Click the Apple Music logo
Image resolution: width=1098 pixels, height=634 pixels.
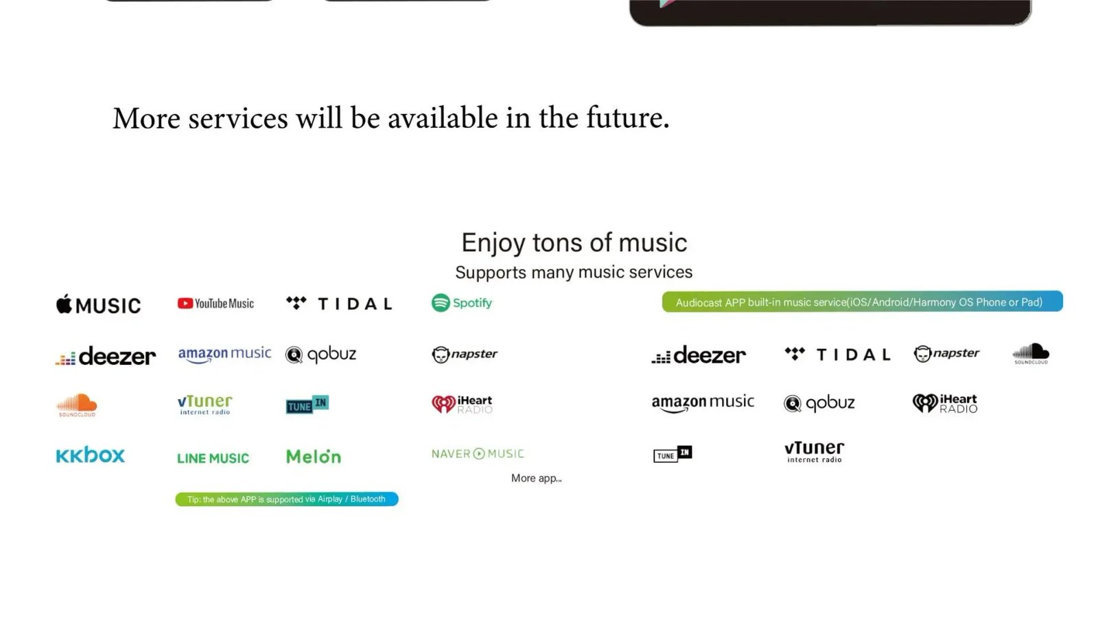point(98,305)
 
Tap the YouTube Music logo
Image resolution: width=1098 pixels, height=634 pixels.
point(215,304)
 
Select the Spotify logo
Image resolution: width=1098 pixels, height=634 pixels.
point(462,303)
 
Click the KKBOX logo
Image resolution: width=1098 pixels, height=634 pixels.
point(90,455)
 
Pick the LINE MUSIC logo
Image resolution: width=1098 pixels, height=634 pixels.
point(213,458)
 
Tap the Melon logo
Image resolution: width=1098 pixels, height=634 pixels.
point(314,456)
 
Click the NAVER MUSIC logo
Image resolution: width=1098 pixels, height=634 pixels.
point(478,453)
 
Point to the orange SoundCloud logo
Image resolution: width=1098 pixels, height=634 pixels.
point(77,405)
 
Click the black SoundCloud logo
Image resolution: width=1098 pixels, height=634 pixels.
point(1031,354)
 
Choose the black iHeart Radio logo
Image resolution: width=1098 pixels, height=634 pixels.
point(945,403)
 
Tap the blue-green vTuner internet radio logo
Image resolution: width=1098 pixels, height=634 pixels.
point(205,405)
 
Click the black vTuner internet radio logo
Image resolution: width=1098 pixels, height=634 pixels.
point(814,452)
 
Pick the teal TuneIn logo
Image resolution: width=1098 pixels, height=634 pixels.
point(307,405)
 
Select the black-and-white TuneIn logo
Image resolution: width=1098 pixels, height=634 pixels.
point(673,454)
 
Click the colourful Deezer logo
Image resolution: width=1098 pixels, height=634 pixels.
point(106,356)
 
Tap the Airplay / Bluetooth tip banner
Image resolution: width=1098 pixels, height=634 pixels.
point(287,499)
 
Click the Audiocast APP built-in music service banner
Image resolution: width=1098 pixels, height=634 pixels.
point(862,302)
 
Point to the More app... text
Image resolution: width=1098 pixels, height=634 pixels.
point(536,479)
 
